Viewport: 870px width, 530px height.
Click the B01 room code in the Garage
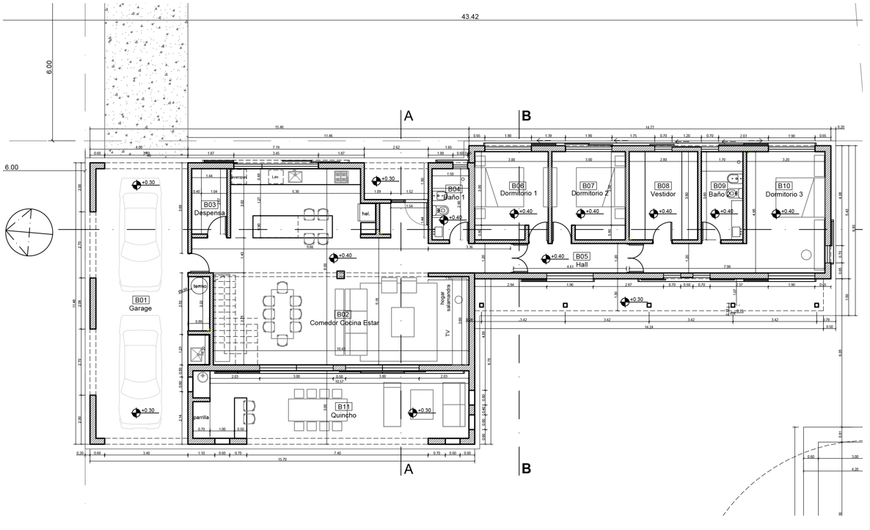[x=140, y=300]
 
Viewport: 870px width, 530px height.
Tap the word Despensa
[x=209, y=213]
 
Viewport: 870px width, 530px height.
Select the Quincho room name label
[x=343, y=415]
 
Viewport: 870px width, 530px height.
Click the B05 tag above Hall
[x=582, y=256]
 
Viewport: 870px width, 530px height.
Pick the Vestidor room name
[x=662, y=195]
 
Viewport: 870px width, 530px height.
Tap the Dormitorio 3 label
[x=784, y=195]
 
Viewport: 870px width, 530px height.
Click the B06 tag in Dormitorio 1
[x=518, y=186]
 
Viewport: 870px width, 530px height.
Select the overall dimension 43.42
[x=470, y=16]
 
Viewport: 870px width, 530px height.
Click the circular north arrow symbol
[x=29, y=230]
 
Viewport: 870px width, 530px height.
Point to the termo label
[x=200, y=286]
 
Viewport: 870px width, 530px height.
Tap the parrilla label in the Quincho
[x=201, y=417]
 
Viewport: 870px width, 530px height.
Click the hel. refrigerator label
[x=366, y=214]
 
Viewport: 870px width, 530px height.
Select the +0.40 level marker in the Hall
[x=553, y=257]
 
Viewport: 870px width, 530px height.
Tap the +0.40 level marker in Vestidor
[x=660, y=212]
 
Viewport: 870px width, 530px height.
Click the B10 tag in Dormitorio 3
[x=784, y=186]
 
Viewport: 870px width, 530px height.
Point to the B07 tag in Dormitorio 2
[x=588, y=186]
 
